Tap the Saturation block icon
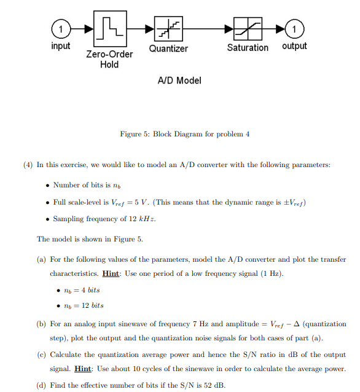pyautogui.click(x=248, y=29)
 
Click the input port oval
pyautogui.click(x=60, y=29)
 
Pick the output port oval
pyautogui.click(x=294, y=29)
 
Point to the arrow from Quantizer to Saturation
pyautogui.click(x=203, y=29)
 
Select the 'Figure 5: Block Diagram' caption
pyautogui.click(x=184, y=134)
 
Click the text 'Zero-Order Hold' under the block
pyautogui.click(x=109, y=59)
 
